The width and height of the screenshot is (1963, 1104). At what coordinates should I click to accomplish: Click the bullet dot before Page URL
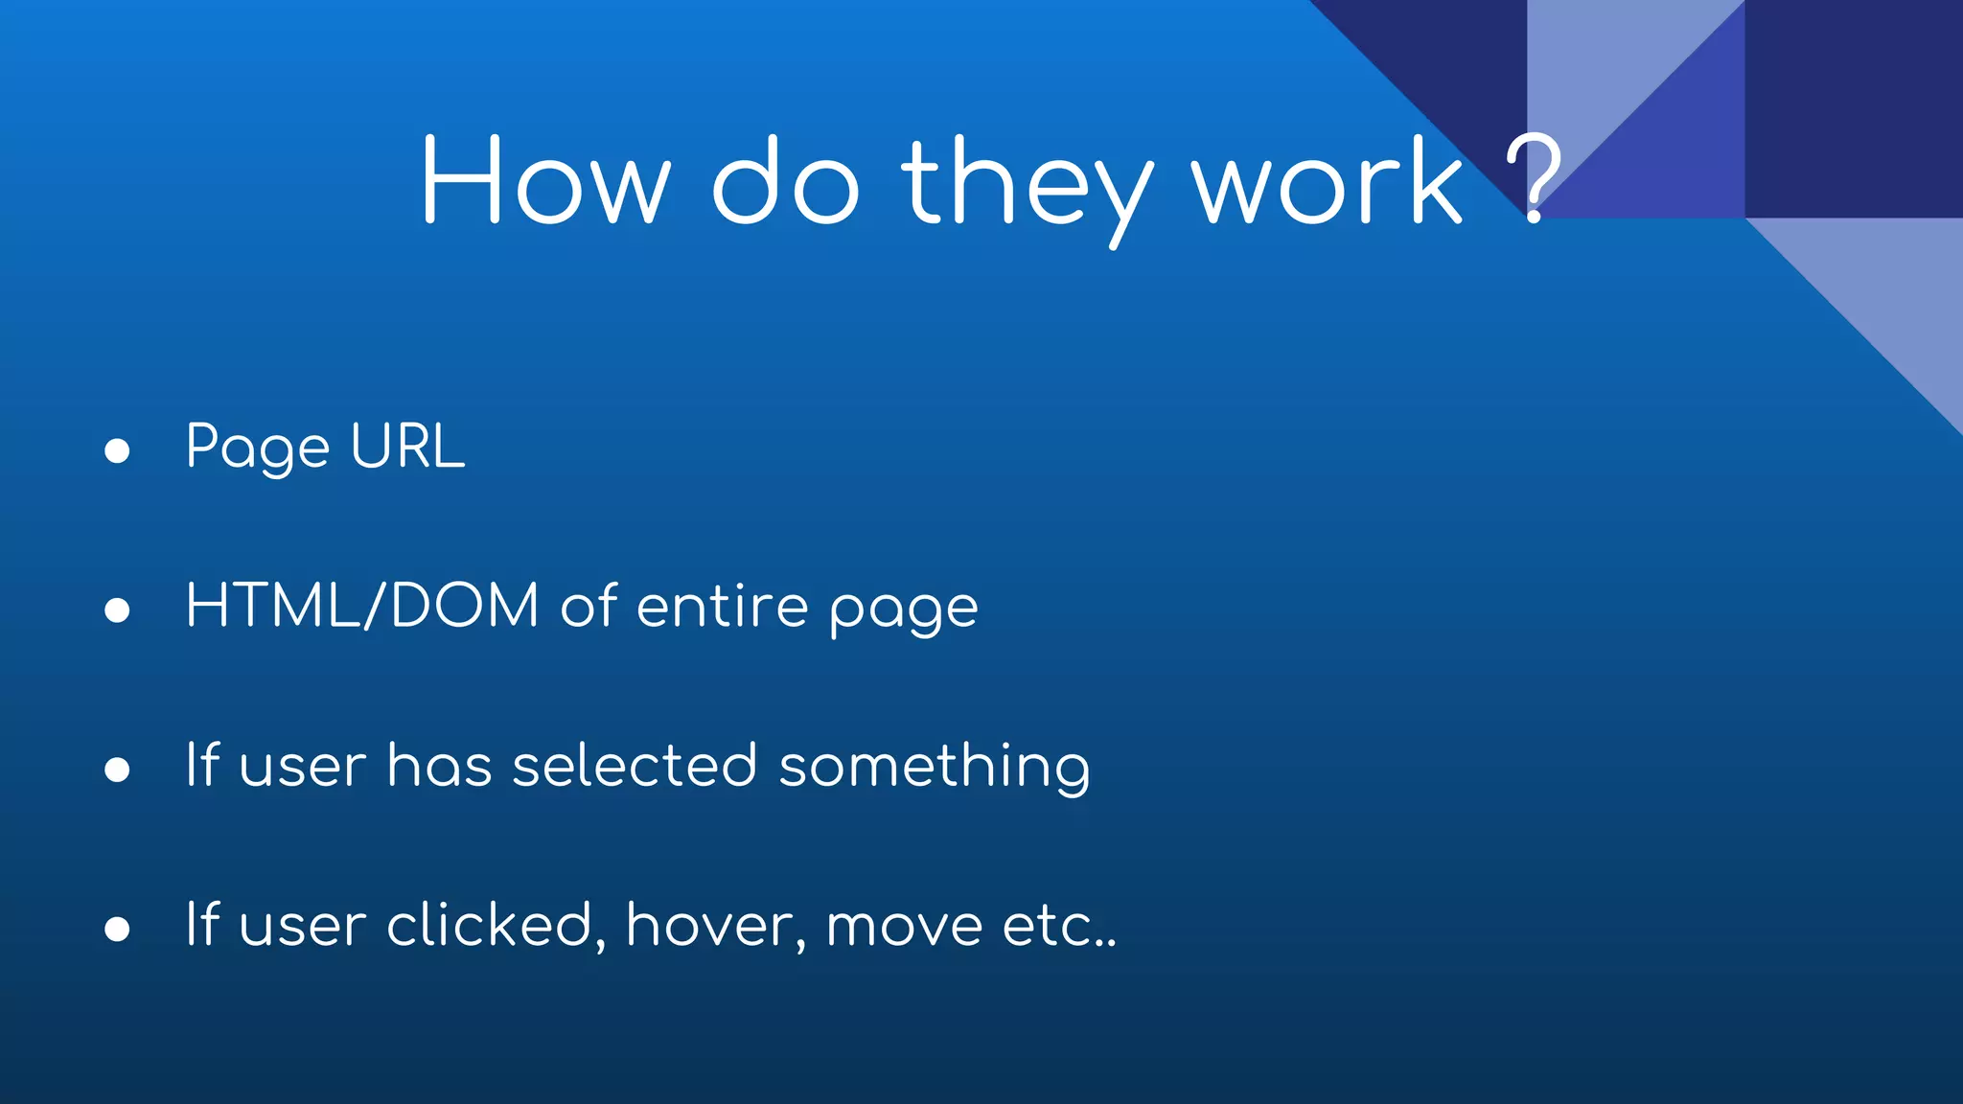tap(117, 450)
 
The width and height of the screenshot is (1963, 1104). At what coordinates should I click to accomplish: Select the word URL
tap(408, 447)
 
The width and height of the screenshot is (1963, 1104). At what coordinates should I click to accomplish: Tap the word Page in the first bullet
tap(258, 448)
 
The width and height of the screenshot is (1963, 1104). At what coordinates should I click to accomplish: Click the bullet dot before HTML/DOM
tap(117, 609)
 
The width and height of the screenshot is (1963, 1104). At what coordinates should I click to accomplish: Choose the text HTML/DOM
tap(362, 606)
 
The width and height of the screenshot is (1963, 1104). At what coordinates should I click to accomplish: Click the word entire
tap(723, 607)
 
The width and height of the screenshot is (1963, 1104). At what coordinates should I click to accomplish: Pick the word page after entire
tap(904, 610)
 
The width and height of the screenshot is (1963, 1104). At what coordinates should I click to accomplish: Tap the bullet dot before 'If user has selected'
tap(117, 770)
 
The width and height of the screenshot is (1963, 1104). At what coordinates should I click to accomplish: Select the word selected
tap(635, 766)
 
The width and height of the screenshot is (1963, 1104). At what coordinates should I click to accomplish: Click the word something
tap(935, 768)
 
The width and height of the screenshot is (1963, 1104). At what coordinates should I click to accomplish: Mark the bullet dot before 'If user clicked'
tap(117, 929)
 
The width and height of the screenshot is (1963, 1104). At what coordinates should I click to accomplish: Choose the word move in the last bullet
tap(904, 928)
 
